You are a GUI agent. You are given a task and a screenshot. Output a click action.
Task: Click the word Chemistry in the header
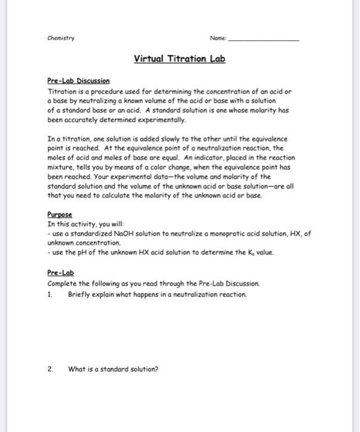click(60, 37)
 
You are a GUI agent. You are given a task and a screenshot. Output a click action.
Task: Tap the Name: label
click(217, 37)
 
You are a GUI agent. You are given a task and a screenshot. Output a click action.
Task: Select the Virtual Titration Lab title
click(180, 59)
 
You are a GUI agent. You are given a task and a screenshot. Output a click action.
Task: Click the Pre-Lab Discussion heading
click(78, 81)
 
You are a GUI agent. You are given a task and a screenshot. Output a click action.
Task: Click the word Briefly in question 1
click(80, 294)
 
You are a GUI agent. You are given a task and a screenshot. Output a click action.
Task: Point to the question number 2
click(51, 369)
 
